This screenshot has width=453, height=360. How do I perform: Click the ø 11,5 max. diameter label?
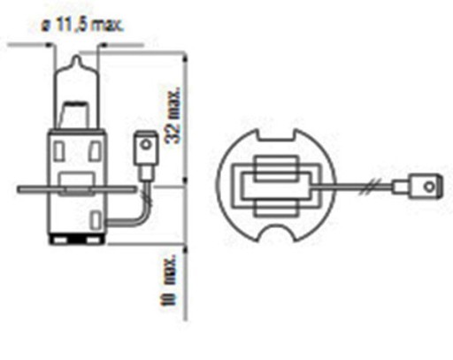(x=82, y=25)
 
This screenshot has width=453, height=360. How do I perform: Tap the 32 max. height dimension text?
(x=173, y=115)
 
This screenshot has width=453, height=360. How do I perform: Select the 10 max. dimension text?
(x=168, y=280)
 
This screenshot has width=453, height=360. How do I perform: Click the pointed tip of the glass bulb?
(x=77, y=56)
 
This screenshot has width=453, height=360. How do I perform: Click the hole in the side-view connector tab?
(x=146, y=145)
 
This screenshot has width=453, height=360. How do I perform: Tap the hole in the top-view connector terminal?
(x=429, y=187)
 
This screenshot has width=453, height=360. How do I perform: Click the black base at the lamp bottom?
(x=77, y=239)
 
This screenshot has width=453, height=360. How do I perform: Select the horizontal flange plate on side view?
(x=77, y=189)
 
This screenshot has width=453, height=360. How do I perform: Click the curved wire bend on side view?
(x=144, y=213)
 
